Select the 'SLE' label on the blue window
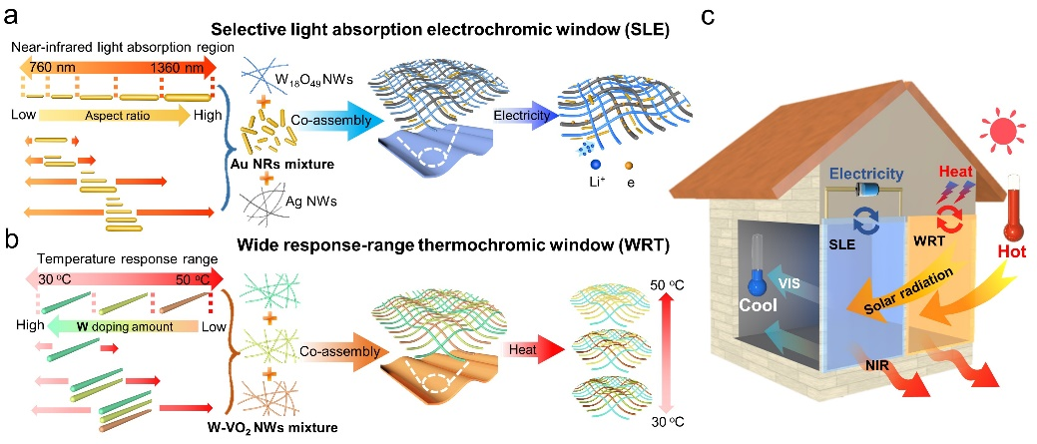(x=840, y=243)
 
